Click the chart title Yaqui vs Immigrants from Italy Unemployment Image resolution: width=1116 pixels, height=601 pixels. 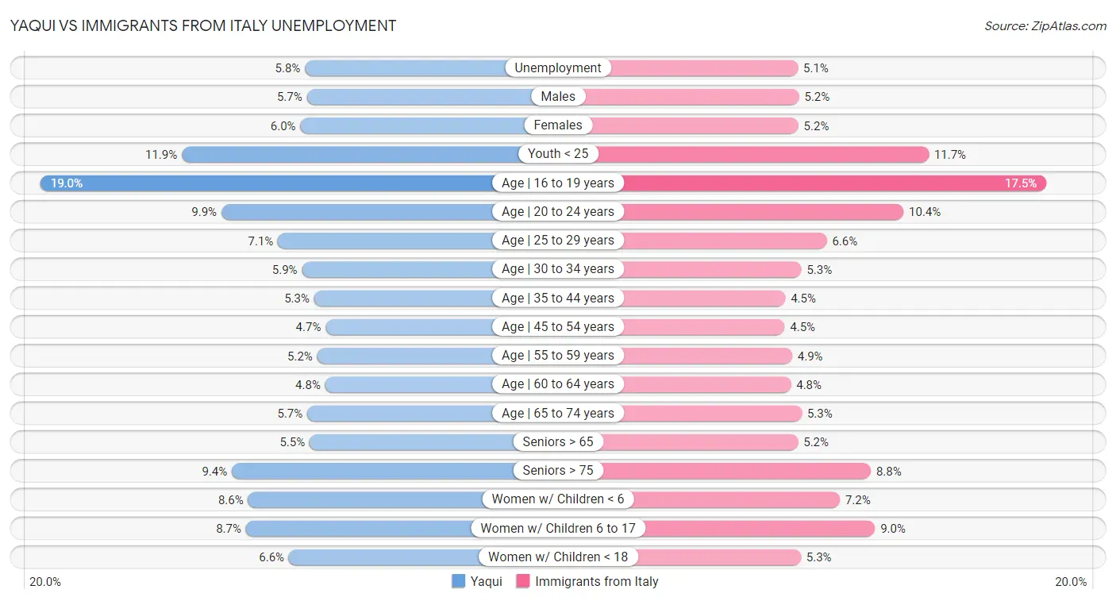[x=203, y=25]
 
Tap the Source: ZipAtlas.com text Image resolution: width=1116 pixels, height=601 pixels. [x=1045, y=26]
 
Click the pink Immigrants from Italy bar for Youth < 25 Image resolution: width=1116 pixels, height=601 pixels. [x=762, y=155]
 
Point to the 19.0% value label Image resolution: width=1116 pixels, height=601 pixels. [x=67, y=183]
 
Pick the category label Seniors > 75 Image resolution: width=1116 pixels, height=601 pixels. [x=558, y=471]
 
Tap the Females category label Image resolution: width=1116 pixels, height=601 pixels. [x=558, y=125]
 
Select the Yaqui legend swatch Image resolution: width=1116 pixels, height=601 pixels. [x=459, y=581]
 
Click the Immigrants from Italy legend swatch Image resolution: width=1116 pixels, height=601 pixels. [x=523, y=581]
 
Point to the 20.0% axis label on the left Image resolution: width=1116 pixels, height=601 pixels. [x=45, y=581]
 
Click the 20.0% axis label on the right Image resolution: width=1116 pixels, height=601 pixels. [x=1070, y=581]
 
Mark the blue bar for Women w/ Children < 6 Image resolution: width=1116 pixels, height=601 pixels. [x=365, y=499]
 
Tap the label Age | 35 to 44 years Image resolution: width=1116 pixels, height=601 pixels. [x=558, y=299]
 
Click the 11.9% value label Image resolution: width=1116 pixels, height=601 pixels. [x=161, y=155]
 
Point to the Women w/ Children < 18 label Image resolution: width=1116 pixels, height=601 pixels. [x=558, y=557]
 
